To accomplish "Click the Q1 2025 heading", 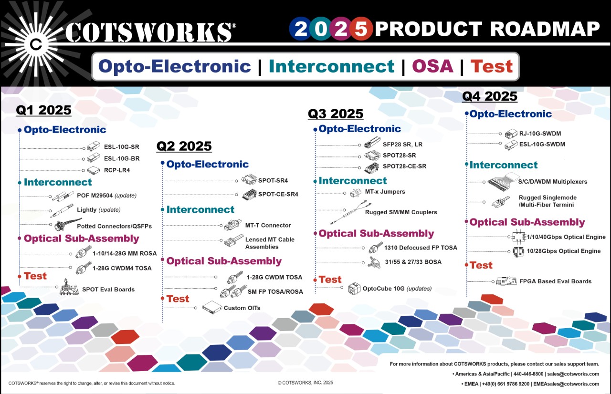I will pyautogui.click(x=43, y=110).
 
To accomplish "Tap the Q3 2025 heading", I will pyautogui.click(x=335, y=114).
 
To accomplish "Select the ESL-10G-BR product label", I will pyautogui.click(x=122, y=158).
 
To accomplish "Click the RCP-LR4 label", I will pyautogui.click(x=116, y=170).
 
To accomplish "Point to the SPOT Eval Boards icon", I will pyautogui.click(x=69, y=288).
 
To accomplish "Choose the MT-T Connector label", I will pyautogui.click(x=268, y=225).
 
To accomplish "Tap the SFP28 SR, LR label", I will pyautogui.click(x=402, y=144).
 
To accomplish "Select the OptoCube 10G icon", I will pyautogui.click(x=353, y=288).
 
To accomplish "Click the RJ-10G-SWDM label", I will pyautogui.click(x=542, y=134).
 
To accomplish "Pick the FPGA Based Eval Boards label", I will pyautogui.click(x=555, y=281).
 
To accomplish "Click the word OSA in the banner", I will pyautogui.click(x=432, y=66).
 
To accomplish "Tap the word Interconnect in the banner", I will pyautogui.click(x=331, y=66).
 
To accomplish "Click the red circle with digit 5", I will pyautogui.click(x=361, y=30).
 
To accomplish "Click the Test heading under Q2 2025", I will pyautogui.click(x=178, y=299).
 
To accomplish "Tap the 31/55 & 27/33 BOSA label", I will pyautogui.click(x=412, y=262).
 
